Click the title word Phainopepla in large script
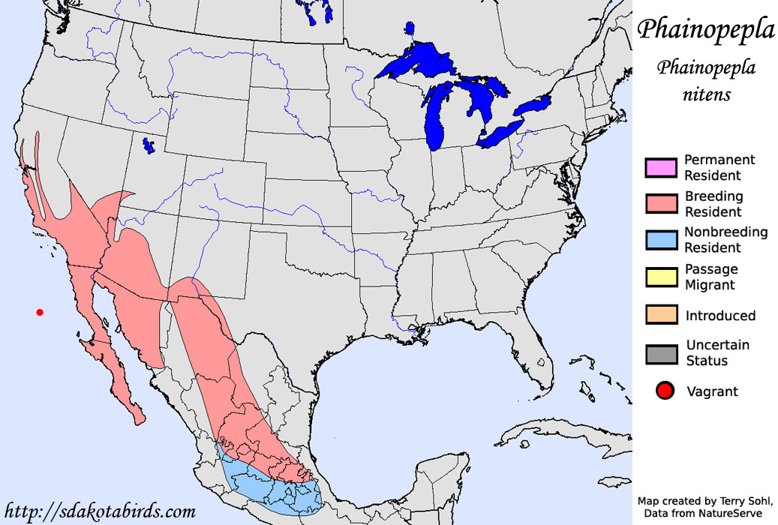coord(705,31)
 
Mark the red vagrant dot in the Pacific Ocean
coord(40,312)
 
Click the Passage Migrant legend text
coord(711,277)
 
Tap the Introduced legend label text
coord(720,316)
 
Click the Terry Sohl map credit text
coord(704,500)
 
